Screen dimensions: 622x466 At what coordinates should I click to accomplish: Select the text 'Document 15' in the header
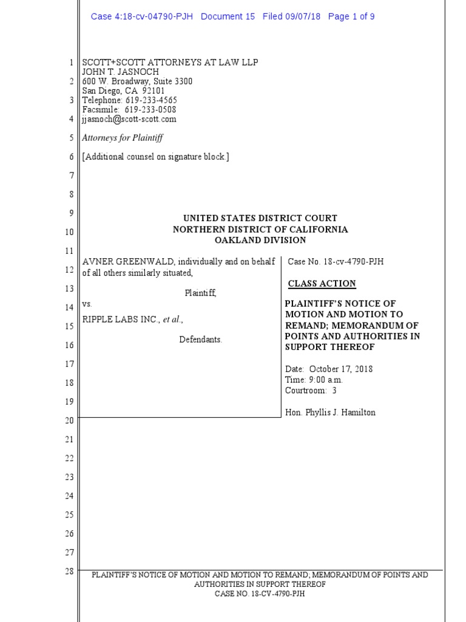pyautogui.click(x=228, y=16)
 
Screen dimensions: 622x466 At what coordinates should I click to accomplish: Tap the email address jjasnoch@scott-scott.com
pyautogui.click(x=129, y=119)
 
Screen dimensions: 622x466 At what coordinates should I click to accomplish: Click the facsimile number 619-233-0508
pyautogui.click(x=150, y=109)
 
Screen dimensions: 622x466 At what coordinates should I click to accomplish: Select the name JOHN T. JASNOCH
pyautogui.click(x=121, y=72)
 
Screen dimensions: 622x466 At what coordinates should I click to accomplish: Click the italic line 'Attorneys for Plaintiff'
pyautogui.click(x=123, y=138)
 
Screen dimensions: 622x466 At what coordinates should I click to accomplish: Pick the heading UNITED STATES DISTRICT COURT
pyautogui.click(x=260, y=218)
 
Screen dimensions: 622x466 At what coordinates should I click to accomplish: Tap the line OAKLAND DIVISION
pyautogui.click(x=260, y=241)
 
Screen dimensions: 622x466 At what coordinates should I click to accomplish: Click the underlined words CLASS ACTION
pyautogui.click(x=322, y=284)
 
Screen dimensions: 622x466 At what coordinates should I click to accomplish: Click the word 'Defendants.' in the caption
pyautogui.click(x=201, y=340)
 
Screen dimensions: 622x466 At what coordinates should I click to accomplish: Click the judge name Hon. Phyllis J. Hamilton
pyautogui.click(x=330, y=412)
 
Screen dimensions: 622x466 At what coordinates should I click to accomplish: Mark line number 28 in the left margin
pyautogui.click(x=69, y=571)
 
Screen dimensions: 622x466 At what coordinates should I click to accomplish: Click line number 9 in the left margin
pyautogui.click(x=70, y=213)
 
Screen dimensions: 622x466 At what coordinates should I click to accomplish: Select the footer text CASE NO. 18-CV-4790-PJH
pyautogui.click(x=260, y=593)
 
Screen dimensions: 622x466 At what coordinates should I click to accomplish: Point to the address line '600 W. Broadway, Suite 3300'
pyautogui.click(x=138, y=81)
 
